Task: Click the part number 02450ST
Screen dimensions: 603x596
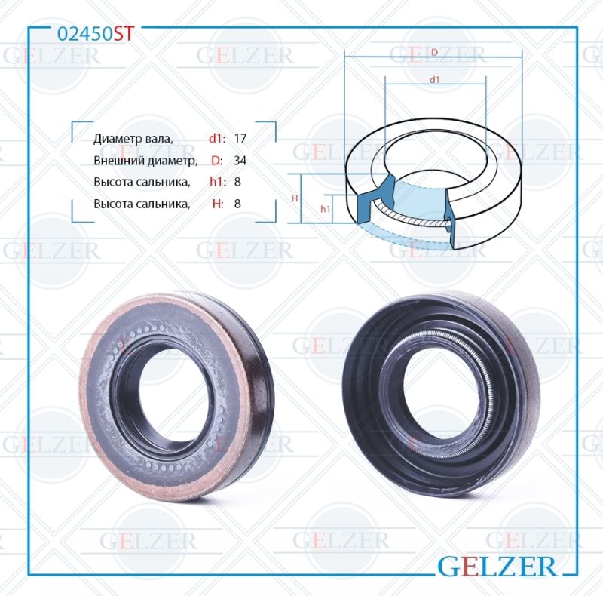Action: [x=96, y=34]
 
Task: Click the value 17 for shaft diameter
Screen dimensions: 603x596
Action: [x=240, y=138]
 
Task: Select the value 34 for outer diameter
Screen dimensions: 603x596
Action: [x=240, y=160]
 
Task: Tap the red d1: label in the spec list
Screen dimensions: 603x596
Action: [x=217, y=138]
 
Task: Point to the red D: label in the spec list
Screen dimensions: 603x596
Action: [x=217, y=160]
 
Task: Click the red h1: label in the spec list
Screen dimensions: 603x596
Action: [x=217, y=182]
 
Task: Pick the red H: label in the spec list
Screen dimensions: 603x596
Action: [x=218, y=204]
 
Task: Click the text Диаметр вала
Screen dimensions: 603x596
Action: [x=133, y=139]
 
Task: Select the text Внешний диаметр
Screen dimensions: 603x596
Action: [x=145, y=161]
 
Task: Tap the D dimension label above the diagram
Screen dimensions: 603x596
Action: [x=434, y=52]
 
